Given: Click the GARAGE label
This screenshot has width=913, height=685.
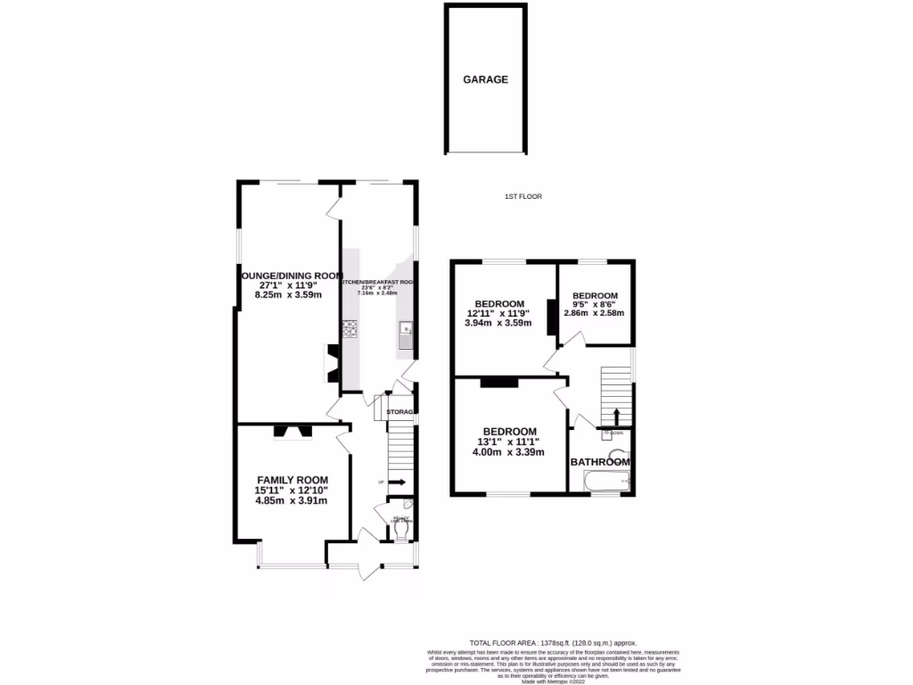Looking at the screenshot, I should click(485, 79).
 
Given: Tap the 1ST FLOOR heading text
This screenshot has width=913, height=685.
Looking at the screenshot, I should click(522, 196).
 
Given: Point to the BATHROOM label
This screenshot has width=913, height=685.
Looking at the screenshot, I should click(600, 462).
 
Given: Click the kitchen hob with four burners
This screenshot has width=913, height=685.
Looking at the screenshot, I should click(349, 330).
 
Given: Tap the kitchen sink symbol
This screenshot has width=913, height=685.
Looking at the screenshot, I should click(406, 333).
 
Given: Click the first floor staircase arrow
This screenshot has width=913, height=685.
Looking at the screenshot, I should click(616, 416).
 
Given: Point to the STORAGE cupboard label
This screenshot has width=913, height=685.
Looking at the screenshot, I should click(401, 412).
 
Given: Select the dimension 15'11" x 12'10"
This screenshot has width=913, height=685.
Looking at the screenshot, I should click(292, 490).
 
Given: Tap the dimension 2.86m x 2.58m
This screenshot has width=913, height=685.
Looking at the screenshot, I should click(594, 313).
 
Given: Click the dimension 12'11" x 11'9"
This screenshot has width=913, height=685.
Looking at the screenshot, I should click(498, 313).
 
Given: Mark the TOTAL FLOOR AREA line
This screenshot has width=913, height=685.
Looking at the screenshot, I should click(553, 643).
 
